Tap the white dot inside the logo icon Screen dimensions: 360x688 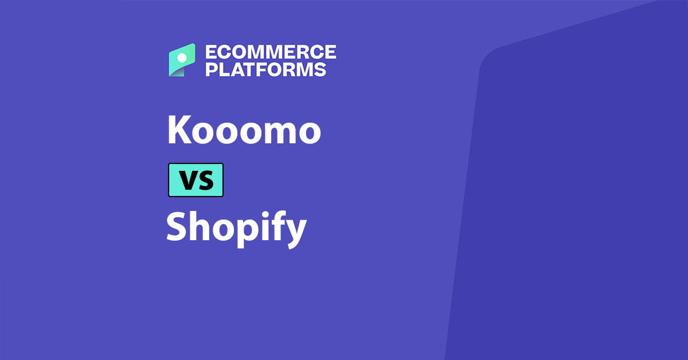coord(182,57)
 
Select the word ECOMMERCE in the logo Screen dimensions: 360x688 coord(271,52)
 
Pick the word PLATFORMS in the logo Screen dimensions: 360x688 coord(265,70)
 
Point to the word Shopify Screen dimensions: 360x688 coord(236,228)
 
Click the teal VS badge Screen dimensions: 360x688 coord(196,180)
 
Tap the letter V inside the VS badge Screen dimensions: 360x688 coord(187,181)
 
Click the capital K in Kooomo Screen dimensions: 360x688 coord(178,130)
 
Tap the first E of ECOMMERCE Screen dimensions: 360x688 coord(211,52)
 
